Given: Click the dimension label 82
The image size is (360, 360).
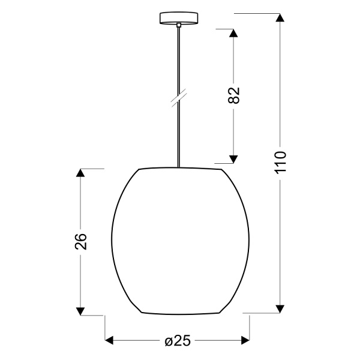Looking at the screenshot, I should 234,95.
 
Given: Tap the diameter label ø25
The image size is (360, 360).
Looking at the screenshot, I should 178,341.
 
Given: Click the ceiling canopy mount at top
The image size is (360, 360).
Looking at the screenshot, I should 179,18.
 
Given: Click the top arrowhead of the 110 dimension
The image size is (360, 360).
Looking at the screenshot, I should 280,18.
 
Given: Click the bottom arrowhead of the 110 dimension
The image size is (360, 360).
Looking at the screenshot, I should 280,308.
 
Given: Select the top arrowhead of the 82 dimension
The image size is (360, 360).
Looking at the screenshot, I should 234,32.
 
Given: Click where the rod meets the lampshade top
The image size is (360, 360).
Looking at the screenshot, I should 179,167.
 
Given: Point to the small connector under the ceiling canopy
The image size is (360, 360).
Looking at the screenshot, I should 179,25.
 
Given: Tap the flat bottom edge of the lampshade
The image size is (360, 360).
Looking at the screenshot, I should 179,314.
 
